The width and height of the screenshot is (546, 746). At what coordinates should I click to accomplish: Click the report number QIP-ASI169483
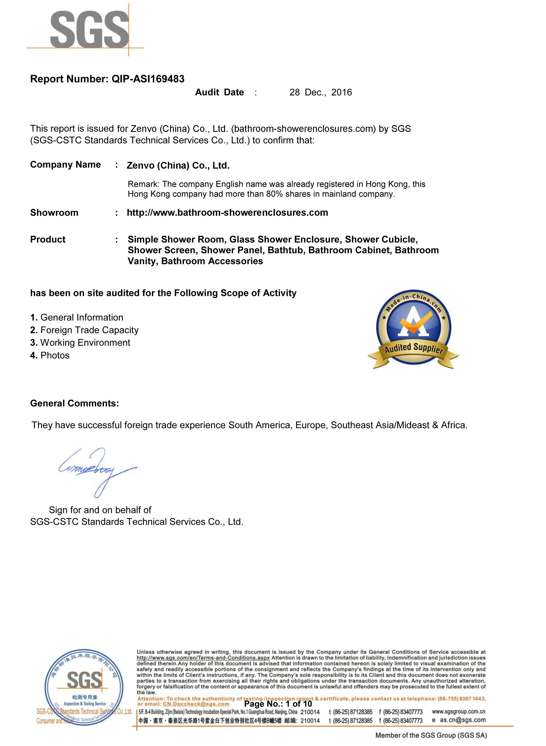(x=148, y=79)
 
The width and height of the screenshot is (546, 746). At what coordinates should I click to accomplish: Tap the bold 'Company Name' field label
(x=65, y=165)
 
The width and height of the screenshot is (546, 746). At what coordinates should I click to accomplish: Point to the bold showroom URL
(x=227, y=213)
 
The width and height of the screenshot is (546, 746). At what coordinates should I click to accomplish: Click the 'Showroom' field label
(x=54, y=213)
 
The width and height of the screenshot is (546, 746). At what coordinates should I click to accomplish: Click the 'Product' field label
(x=48, y=239)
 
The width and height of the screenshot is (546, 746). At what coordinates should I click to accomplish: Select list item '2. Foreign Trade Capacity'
(x=84, y=330)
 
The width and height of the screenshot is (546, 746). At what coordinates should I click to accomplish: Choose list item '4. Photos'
(x=50, y=356)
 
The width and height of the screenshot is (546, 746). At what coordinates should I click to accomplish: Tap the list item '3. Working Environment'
(x=80, y=343)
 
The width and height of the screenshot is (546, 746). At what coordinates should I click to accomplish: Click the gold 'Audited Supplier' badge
(x=413, y=330)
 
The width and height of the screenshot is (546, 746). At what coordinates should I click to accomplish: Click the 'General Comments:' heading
(x=74, y=403)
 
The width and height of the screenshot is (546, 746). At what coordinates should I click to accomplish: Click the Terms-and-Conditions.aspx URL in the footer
(x=203, y=658)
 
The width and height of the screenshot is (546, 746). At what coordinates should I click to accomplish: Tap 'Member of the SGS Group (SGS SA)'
(x=431, y=735)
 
